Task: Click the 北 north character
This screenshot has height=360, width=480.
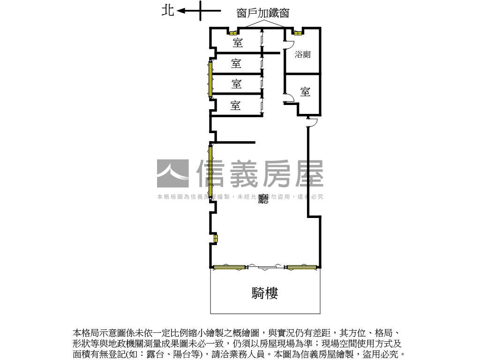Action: (x=168, y=10)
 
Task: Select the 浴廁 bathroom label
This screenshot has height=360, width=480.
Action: (x=302, y=54)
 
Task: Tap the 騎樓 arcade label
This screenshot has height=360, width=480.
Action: (x=265, y=293)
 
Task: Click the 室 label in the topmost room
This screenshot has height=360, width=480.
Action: (x=238, y=43)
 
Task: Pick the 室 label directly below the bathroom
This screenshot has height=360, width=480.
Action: (x=305, y=91)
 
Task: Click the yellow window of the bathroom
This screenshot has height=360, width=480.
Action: (x=297, y=32)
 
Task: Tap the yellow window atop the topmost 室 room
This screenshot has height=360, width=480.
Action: (x=233, y=32)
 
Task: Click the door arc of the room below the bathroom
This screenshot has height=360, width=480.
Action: (x=289, y=97)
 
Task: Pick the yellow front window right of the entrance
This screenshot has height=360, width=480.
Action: (x=301, y=268)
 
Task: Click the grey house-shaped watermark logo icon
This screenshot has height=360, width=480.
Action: (x=172, y=173)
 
